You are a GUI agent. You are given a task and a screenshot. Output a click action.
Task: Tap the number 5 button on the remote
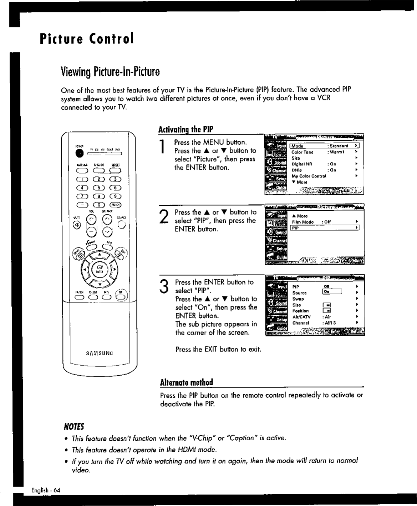pos(98,188)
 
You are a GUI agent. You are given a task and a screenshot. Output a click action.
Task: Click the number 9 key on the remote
pos(116,196)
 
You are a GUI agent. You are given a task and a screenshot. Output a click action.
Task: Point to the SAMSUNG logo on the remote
pos(100,354)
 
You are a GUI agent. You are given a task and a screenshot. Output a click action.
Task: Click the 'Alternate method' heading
pos(186,382)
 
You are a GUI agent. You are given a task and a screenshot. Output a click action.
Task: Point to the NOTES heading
pos(73,427)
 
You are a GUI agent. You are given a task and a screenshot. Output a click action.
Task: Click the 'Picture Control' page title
pos(87,38)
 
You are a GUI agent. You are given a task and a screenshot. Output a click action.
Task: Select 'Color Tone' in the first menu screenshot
pos(302,152)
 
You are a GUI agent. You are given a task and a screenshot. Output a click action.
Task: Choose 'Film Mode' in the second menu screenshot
pos(302,222)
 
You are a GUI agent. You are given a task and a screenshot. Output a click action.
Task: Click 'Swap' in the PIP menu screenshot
pos(298,299)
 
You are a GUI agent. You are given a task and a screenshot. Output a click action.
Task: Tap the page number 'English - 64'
pos(46,490)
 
